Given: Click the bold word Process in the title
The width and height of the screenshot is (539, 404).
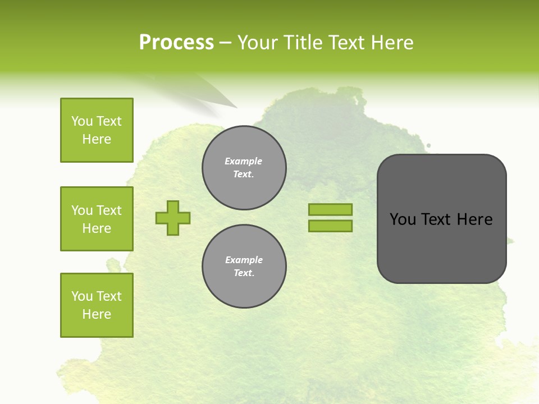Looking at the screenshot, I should [176, 43].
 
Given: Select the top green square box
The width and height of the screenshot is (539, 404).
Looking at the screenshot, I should [97, 130].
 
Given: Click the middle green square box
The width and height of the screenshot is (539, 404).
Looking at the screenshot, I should [97, 219].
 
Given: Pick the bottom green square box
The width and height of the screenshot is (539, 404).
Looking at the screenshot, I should [97, 305].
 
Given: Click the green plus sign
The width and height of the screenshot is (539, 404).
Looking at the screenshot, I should [173, 218].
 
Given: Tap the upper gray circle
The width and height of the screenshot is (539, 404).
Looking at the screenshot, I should [244, 167].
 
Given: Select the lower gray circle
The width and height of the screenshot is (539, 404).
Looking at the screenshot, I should [244, 266].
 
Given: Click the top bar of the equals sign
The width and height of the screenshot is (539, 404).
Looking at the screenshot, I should [330, 209].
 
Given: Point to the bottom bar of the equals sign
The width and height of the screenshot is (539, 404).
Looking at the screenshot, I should [330, 226].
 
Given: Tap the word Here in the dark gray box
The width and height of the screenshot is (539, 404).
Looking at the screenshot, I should [474, 219].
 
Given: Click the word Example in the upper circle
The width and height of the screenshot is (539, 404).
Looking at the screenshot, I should [244, 161].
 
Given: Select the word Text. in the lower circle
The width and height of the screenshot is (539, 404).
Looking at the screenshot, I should [244, 273].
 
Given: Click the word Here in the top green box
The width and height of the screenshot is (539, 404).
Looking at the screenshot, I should [97, 139].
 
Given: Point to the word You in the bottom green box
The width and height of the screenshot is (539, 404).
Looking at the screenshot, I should [82, 296].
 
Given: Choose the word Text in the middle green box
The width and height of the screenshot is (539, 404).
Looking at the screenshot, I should [109, 210].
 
